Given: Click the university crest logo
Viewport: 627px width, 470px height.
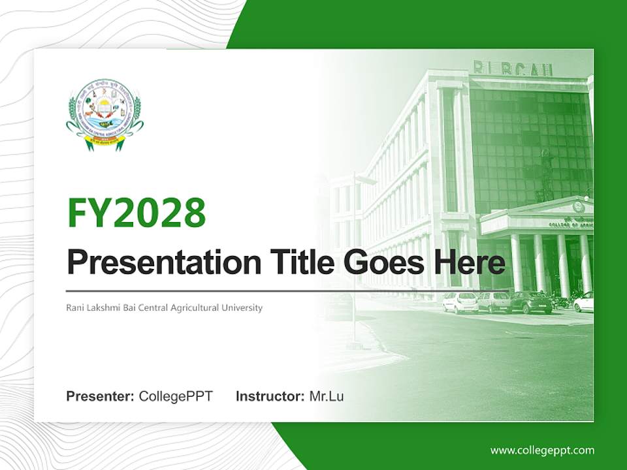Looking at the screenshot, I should pyautogui.click(x=104, y=115).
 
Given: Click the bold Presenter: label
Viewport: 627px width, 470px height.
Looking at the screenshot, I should pyautogui.click(x=101, y=396).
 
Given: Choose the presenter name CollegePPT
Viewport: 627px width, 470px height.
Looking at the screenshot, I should pyautogui.click(x=176, y=396).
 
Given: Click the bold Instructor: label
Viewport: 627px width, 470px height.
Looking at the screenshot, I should pyautogui.click(x=270, y=396).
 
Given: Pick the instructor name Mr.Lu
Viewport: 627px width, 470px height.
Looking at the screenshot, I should pyautogui.click(x=326, y=396).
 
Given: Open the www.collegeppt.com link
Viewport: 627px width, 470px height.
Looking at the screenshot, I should pyautogui.click(x=542, y=450).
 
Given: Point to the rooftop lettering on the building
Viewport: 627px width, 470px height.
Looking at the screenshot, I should pyautogui.click(x=513, y=69).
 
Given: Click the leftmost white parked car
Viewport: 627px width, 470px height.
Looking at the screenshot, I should pyautogui.click(x=460, y=302).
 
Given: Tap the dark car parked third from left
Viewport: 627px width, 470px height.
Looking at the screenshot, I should pyautogui.click(x=530, y=302).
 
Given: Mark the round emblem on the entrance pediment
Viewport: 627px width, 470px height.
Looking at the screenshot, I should pyautogui.click(x=577, y=207).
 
